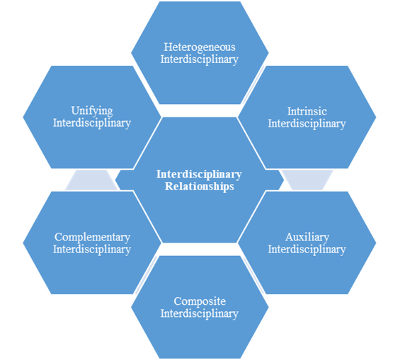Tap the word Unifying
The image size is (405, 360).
92,111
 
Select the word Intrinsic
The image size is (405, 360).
307,112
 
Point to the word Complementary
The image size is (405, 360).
92,238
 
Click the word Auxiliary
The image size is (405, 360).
307,238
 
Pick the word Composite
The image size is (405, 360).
200,302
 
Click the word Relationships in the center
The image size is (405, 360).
200,186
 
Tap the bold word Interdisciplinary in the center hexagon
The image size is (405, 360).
199,175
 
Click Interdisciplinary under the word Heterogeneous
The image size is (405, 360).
200,59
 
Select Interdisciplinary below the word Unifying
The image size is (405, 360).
92,123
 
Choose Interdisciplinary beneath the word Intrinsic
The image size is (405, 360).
307,124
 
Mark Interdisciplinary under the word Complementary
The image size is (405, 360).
92,250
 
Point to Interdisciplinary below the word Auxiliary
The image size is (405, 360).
307,250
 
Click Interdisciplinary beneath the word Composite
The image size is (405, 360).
200,314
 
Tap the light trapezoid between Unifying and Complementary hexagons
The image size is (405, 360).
91,180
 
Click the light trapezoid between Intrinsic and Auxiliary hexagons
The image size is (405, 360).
307,180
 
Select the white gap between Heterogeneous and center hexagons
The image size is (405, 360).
200,111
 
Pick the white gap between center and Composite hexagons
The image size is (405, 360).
200,249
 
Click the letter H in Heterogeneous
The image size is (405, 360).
168,47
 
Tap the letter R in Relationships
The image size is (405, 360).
169,186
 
